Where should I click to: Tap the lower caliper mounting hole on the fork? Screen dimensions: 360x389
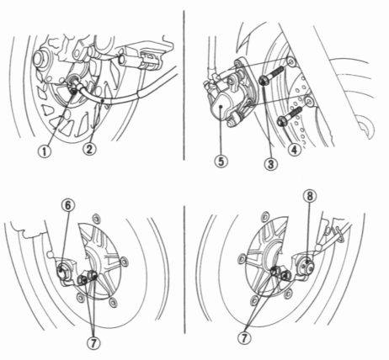coord(308,100)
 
